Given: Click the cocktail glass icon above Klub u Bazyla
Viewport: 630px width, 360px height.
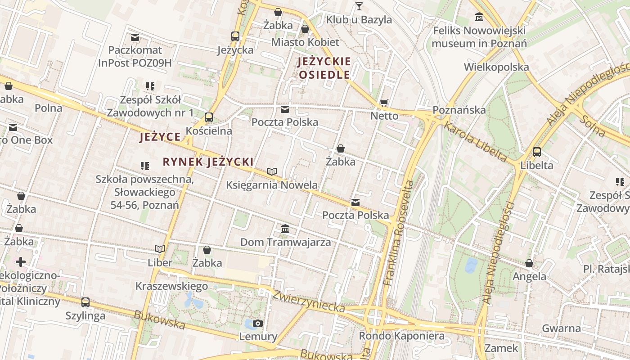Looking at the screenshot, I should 359,6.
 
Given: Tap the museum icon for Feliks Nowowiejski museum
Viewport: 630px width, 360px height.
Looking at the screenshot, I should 479,17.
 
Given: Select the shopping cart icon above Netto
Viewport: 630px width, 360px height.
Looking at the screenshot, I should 384,103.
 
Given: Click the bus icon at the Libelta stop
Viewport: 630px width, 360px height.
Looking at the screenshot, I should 536,152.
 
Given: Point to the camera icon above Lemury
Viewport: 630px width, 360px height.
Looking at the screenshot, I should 258,323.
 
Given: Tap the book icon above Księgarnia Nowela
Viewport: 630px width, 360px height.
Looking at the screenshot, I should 271,171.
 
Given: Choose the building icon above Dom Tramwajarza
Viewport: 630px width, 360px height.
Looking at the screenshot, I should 285,229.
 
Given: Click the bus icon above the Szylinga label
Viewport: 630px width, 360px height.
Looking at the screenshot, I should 85,302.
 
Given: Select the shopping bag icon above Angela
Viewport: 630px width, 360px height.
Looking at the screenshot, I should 529,263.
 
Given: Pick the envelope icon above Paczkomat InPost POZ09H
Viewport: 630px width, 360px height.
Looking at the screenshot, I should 135,37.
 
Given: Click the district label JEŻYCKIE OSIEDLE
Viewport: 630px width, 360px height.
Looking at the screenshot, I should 324,68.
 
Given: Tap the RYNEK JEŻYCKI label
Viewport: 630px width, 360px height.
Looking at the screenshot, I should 208,162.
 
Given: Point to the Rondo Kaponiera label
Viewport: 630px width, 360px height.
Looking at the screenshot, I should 401,336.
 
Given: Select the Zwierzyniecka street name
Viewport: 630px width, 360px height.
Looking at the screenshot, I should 309,301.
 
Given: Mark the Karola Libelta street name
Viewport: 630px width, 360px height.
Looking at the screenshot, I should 475,141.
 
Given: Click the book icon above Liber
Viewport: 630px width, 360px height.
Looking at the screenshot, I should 160,249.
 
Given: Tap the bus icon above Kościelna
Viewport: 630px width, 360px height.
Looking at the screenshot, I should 208,117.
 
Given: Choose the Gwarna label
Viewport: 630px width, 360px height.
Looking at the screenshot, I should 561,328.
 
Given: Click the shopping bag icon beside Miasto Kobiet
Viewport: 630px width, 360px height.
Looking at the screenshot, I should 305,29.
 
